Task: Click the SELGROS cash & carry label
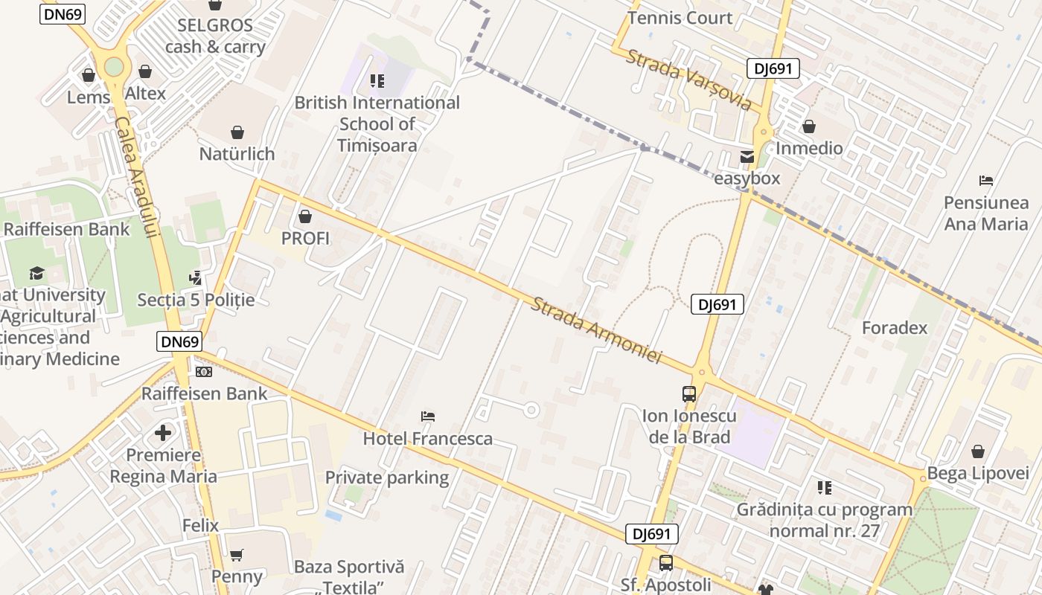pos(215,36)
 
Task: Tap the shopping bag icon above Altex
pos(145,72)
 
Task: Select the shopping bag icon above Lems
pos(89,75)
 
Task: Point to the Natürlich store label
pos(237,154)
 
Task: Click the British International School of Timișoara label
pos(377,123)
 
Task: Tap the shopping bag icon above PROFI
pos(304,217)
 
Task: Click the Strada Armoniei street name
pos(596,330)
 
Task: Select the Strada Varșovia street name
pos(688,80)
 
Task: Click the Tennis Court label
pos(680,17)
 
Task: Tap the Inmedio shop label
pos(809,148)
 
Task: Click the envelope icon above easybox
pos(747,157)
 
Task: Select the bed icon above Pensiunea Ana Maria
pos(986,180)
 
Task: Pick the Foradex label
pos(895,328)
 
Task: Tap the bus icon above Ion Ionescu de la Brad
pos(689,394)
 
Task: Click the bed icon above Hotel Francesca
pos(427,416)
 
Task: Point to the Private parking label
pos(387,477)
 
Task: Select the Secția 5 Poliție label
pos(196,300)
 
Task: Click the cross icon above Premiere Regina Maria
pos(163,432)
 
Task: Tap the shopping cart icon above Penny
pos(237,555)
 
